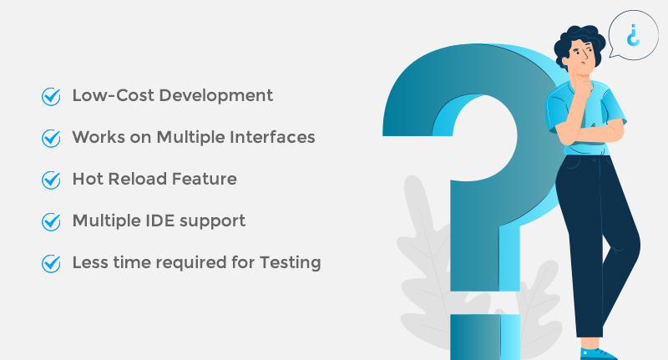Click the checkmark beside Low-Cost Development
(51, 96)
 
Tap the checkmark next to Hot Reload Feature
(51, 180)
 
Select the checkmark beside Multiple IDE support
(51, 221)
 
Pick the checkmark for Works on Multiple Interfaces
(51, 138)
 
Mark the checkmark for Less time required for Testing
(51, 263)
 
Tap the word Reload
(137, 179)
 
